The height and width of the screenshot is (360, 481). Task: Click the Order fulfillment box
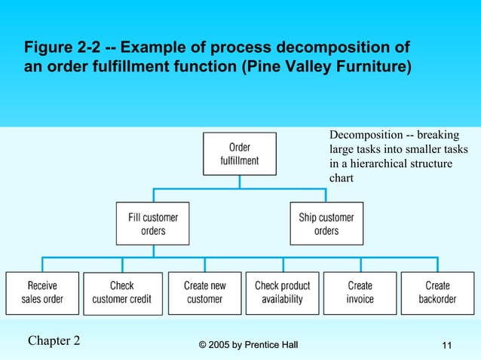pyautogui.click(x=239, y=154)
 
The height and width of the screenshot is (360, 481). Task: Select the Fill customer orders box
pyautogui.click(x=153, y=223)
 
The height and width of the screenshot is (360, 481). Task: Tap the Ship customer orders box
pyautogui.click(x=326, y=223)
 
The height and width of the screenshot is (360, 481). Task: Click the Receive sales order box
pyautogui.click(x=41, y=292)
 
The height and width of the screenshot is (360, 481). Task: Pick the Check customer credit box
pyautogui.click(x=122, y=292)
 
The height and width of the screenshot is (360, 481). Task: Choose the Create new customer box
pyautogui.click(x=204, y=292)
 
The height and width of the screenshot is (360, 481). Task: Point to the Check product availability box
pyautogui.click(x=283, y=292)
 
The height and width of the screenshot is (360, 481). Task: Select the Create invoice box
pyautogui.click(x=360, y=292)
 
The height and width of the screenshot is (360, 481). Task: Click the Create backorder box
pyautogui.click(x=437, y=292)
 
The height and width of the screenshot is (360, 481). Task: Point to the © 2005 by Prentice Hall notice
pyautogui.click(x=248, y=345)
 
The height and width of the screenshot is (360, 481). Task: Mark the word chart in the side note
pyautogui.click(x=342, y=178)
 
